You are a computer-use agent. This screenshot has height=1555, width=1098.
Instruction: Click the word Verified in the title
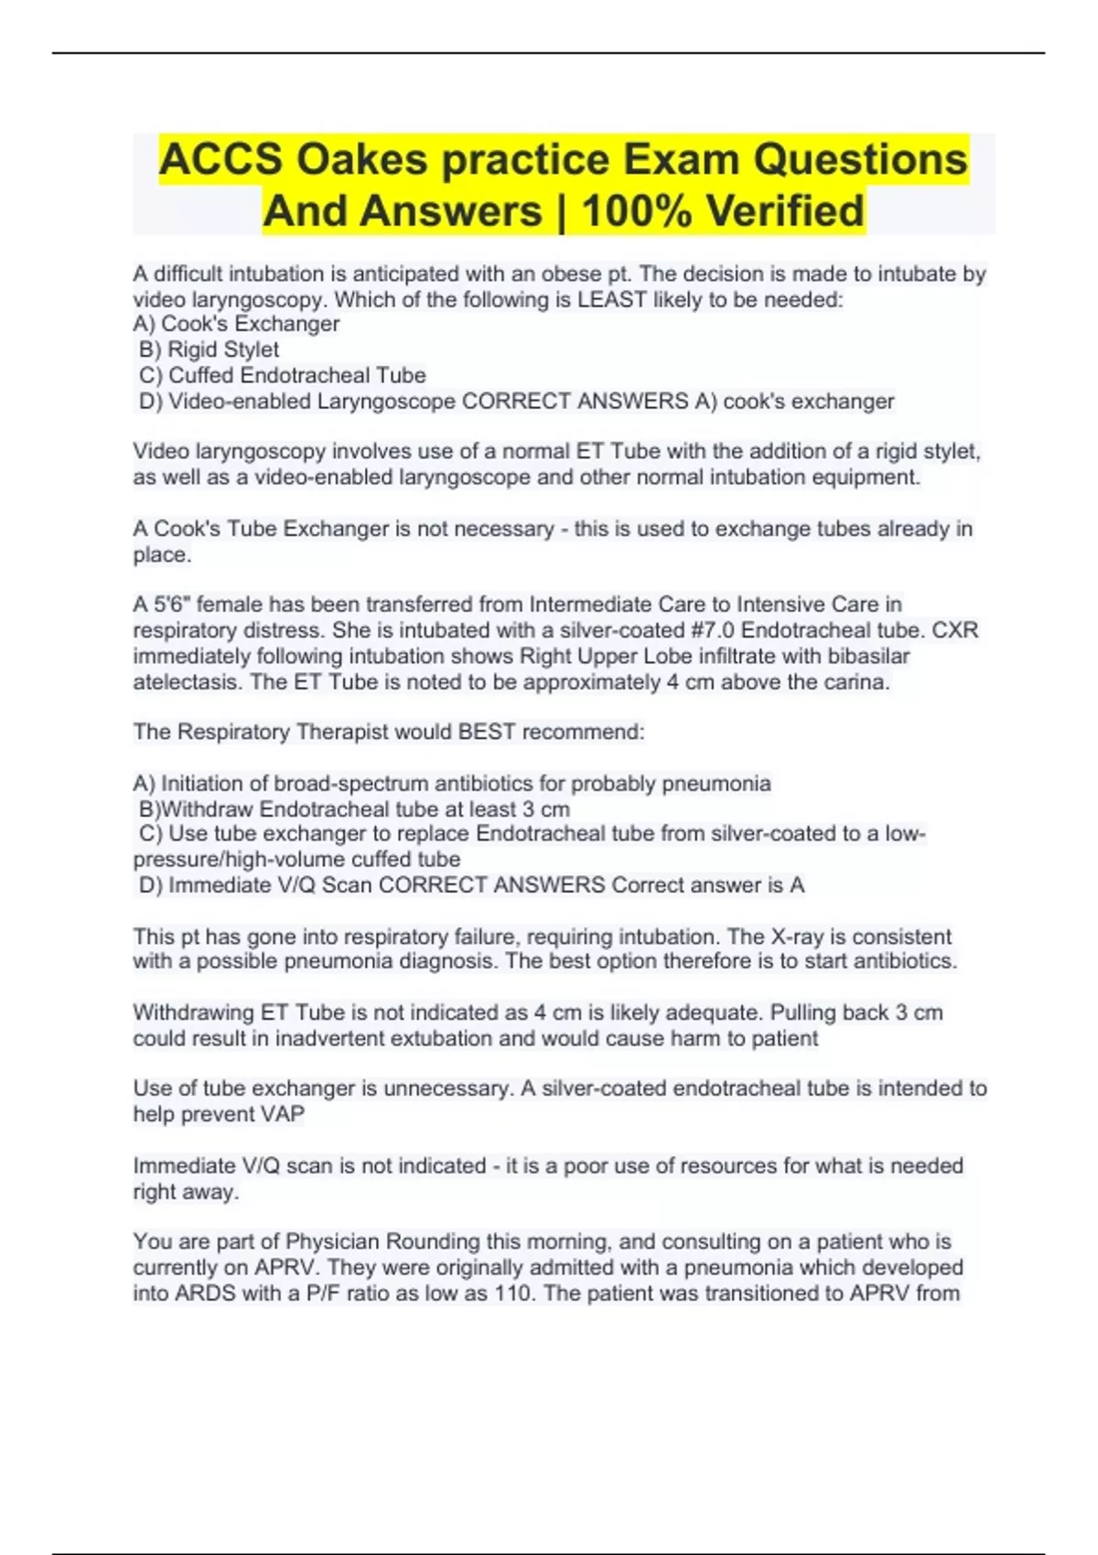tap(785, 211)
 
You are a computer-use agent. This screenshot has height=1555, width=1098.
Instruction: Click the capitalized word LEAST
tap(611, 300)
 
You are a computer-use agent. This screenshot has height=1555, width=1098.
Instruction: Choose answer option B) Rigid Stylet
tap(209, 350)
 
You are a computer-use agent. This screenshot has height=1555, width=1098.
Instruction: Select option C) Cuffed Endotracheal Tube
tap(282, 376)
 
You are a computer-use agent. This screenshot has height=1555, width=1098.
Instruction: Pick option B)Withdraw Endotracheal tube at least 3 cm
tap(354, 810)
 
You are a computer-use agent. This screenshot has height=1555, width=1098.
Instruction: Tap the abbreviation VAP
tap(282, 1115)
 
